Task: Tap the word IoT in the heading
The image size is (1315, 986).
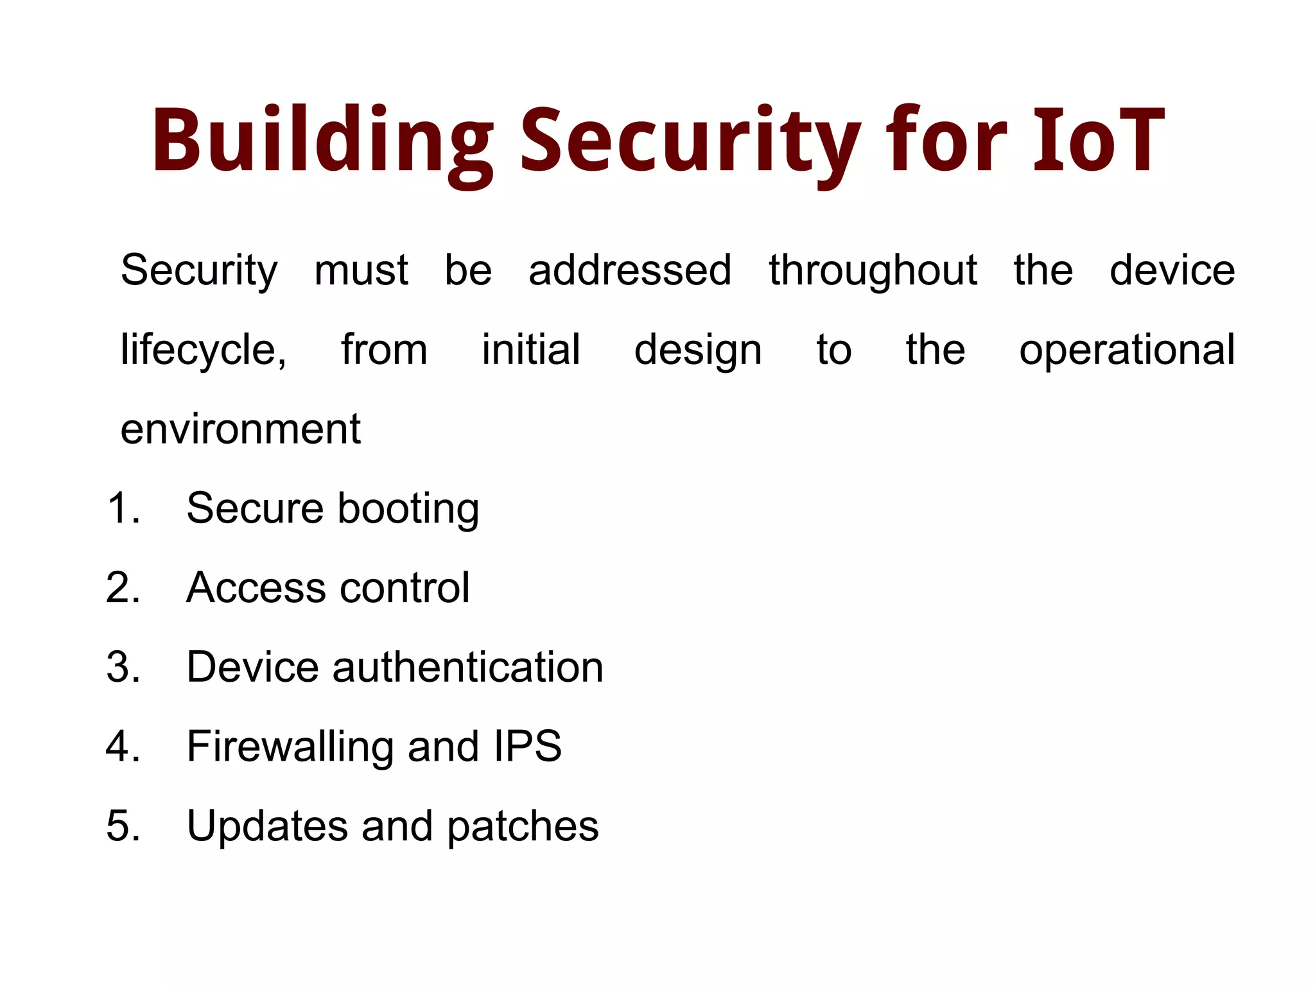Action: tap(1099, 141)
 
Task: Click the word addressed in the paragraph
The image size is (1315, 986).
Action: tap(630, 270)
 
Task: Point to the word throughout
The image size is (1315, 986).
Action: tap(873, 270)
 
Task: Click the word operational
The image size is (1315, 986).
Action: tap(1127, 350)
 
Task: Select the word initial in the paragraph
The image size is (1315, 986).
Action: tap(531, 350)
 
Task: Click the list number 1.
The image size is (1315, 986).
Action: tap(122, 508)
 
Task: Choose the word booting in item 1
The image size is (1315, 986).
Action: tap(408, 508)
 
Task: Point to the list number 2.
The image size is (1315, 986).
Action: tap(122, 587)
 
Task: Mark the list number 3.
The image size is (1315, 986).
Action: tap(122, 667)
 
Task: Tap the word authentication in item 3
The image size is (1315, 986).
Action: tap(468, 667)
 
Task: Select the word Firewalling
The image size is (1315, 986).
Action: tap(290, 746)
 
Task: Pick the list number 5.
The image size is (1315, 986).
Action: tap(122, 826)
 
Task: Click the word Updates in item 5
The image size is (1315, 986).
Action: tap(267, 826)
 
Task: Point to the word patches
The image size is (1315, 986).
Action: tap(523, 826)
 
